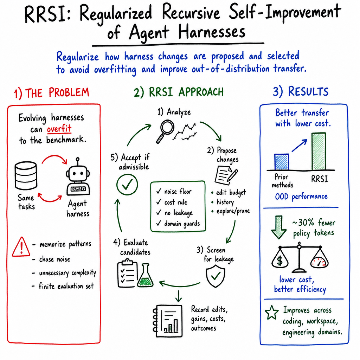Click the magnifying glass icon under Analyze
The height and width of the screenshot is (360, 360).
165,131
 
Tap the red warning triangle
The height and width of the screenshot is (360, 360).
21,247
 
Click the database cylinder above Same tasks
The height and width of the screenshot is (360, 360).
26,176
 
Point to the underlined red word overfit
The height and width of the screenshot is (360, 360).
59,129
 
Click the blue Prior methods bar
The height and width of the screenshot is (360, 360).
282,162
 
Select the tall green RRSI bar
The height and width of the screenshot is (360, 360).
319,152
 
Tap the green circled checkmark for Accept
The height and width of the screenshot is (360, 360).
127,184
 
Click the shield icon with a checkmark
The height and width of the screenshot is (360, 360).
216,276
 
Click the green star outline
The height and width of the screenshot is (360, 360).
272,313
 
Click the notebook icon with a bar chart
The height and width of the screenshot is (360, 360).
168,321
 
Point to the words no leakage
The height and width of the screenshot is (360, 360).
179,213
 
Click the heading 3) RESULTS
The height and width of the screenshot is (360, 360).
301,92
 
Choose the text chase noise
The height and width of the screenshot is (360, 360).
54,259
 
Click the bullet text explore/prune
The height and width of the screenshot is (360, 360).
233,211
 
